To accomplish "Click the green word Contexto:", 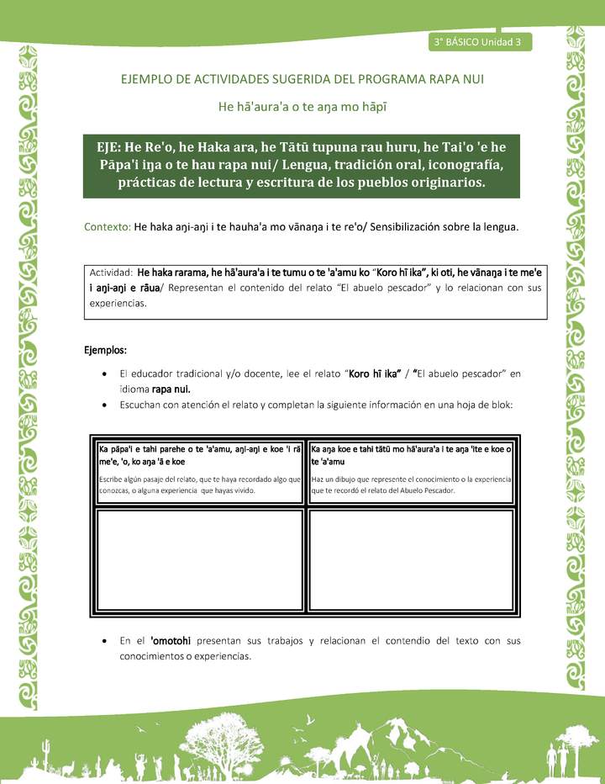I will [x=108, y=227].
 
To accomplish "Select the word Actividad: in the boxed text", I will [x=112, y=273].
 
